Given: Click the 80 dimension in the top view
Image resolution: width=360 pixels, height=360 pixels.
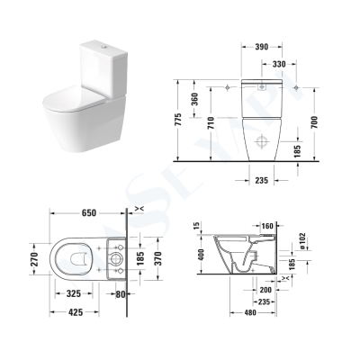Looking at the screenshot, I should point(122,293).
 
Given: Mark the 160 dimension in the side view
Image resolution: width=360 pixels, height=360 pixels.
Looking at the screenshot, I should point(266,226).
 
